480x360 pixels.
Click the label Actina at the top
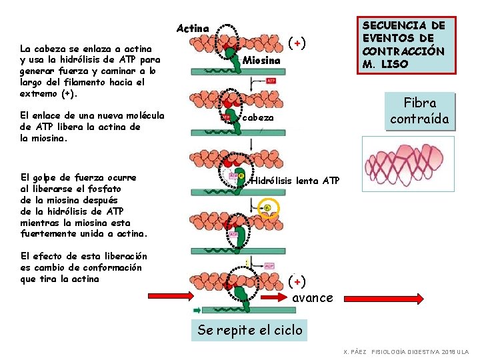[193, 29]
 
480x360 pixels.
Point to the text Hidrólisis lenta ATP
[295, 181]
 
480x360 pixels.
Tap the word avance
[313, 298]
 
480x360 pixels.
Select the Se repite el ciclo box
[250, 329]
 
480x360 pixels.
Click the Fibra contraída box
[419, 111]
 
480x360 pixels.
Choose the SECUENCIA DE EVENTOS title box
[403, 45]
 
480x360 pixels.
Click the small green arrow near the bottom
[197, 310]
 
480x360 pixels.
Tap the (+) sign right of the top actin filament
[297, 43]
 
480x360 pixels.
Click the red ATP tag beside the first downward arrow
[271, 81]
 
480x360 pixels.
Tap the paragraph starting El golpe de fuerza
[84, 205]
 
